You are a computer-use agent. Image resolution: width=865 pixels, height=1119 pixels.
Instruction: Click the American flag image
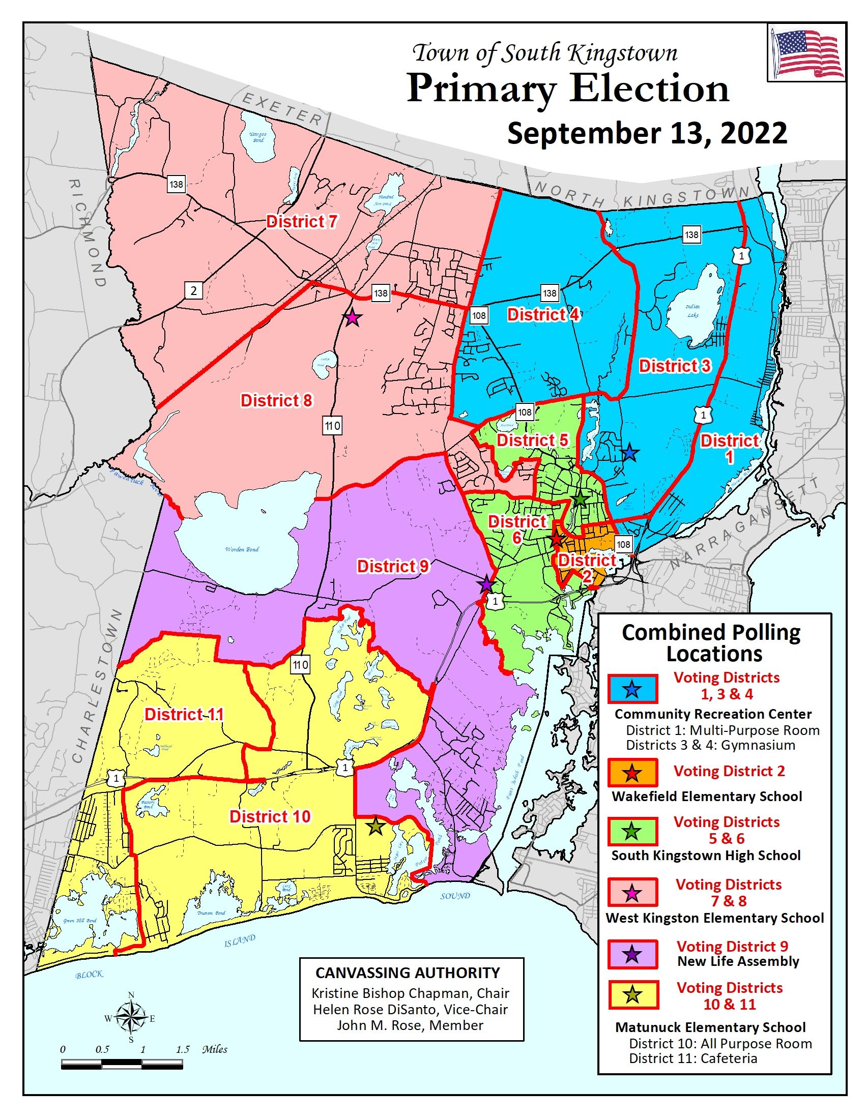(x=806, y=53)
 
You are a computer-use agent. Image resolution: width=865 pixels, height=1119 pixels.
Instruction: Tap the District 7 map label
(x=301, y=221)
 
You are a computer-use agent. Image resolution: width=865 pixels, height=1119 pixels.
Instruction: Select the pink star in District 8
(x=352, y=318)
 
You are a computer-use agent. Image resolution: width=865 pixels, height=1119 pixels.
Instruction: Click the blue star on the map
(x=630, y=453)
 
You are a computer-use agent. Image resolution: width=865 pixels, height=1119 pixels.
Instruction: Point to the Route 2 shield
(x=193, y=291)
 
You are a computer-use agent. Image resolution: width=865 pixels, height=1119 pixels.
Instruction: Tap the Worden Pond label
(x=242, y=549)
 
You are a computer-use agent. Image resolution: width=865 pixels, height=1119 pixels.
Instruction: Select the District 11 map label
(x=184, y=714)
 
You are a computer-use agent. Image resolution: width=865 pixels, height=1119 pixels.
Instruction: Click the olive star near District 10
(x=376, y=826)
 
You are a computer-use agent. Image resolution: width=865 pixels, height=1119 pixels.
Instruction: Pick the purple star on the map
(x=486, y=584)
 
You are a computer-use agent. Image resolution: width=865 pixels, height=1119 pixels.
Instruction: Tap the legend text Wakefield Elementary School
(x=707, y=796)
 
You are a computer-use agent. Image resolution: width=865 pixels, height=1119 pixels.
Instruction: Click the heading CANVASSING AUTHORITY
(x=408, y=973)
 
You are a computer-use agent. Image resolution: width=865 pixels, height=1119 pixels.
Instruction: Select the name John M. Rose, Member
(x=410, y=1025)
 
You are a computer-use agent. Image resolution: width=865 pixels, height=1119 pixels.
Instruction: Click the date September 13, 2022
(x=647, y=133)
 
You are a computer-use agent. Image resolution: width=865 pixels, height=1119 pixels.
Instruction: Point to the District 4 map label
(x=543, y=314)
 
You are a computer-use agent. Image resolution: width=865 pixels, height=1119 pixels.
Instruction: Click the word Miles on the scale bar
(x=214, y=1049)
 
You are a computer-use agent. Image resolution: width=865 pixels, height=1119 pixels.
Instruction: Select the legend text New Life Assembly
(x=738, y=961)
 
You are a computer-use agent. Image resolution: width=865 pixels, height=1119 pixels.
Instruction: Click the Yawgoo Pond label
(x=258, y=137)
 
